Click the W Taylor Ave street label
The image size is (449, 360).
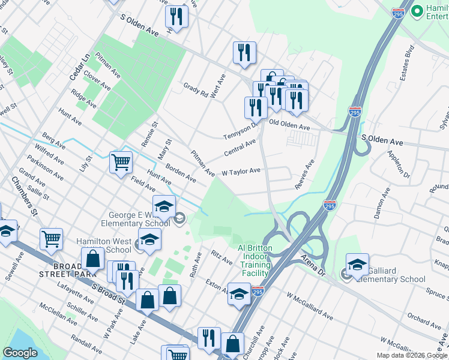coord(241,171)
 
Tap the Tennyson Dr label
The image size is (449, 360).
coord(240,130)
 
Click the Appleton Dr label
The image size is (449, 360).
coord(398,167)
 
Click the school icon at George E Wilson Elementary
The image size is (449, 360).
coord(164,207)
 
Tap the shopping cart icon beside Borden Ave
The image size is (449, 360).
coord(121,161)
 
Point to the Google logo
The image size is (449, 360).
coord(20,353)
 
